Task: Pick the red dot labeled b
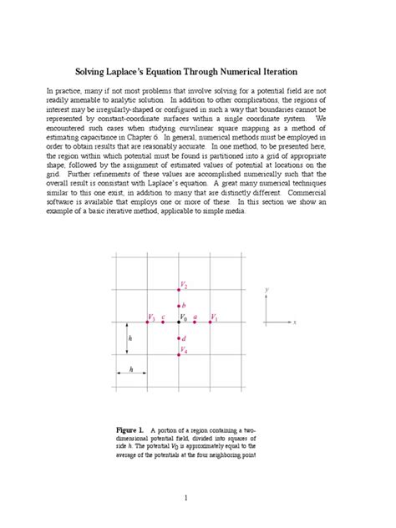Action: [180, 307]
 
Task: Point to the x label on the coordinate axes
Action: [295, 322]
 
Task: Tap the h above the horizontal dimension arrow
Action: [132, 368]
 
